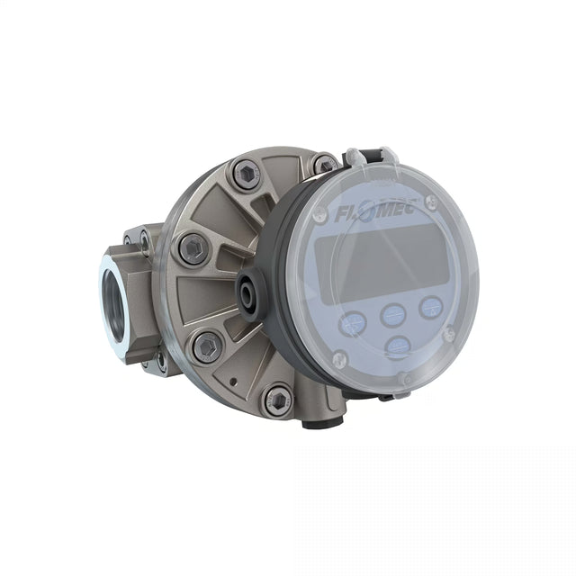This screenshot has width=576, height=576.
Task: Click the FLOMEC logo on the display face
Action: point(374,212)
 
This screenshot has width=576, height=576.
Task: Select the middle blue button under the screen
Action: point(393,315)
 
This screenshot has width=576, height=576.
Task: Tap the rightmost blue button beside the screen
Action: point(431,307)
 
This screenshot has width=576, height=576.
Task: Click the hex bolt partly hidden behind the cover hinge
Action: point(324,164)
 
